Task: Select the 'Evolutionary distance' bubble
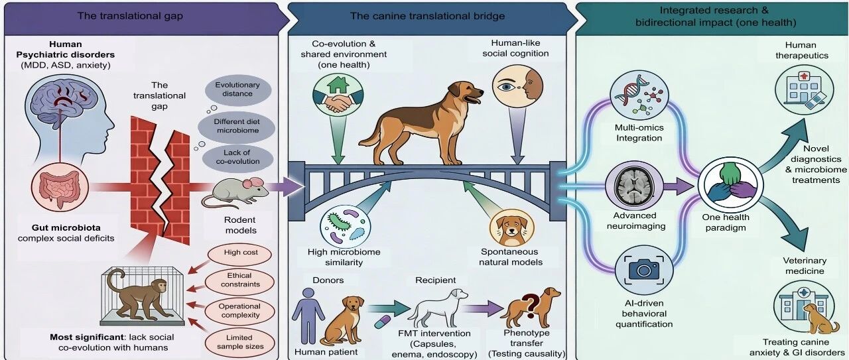pyautogui.click(x=238, y=90)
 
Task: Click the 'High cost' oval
pyautogui.click(x=240, y=253)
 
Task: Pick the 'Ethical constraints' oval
pyautogui.click(x=239, y=280)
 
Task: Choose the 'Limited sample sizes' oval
pyautogui.click(x=239, y=342)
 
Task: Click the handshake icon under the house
pyautogui.click(x=338, y=103)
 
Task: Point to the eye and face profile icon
pyautogui.click(x=517, y=87)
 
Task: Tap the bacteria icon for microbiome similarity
pyautogui.click(x=345, y=227)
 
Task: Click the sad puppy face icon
pyautogui.click(x=511, y=228)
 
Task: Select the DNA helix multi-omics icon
pyautogui.click(x=639, y=95)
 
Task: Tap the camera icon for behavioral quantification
pyautogui.click(x=643, y=269)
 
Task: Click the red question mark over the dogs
pyautogui.click(x=530, y=303)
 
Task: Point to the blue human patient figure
pyautogui.click(x=308, y=316)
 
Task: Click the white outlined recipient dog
pyautogui.click(x=438, y=308)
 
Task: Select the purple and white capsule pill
pyautogui.click(x=385, y=322)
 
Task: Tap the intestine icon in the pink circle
pyautogui.click(x=60, y=188)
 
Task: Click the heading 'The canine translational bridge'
pyautogui.click(x=427, y=16)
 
